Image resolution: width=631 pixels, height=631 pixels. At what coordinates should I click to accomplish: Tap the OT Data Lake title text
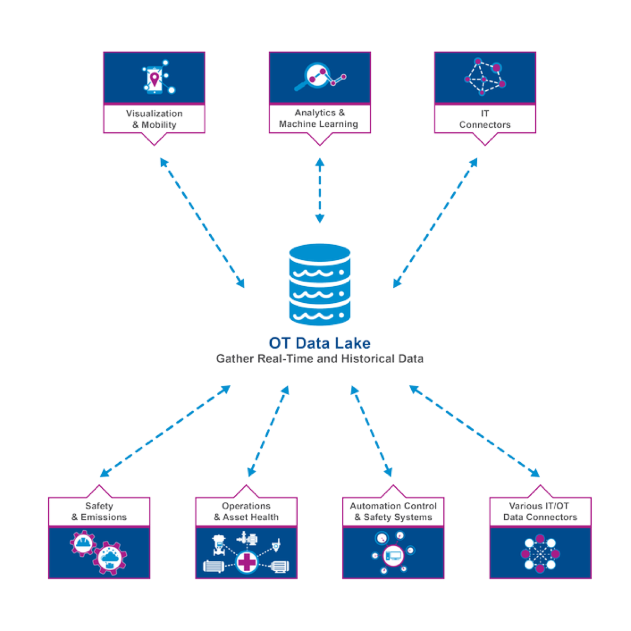click(x=319, y=343)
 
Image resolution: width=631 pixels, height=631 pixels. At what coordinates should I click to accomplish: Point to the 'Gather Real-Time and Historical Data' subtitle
click(x=319, y=359)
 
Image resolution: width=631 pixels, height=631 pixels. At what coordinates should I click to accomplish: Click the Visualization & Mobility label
click(x=154, y=119)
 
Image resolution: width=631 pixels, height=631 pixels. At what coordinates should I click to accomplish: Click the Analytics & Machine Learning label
click(x=319, y=119)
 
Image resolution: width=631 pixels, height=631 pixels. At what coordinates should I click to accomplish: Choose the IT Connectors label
click(x=485, y=119)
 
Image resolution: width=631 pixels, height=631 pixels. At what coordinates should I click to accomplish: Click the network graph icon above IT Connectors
click(x=485, y=76)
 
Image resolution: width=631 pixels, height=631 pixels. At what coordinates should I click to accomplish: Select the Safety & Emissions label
click(x=99, y=511)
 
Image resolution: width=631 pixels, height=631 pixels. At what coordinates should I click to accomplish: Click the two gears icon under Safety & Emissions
click(x=99, y=551)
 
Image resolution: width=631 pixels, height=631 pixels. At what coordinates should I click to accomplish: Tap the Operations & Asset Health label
click(x=246, y=511)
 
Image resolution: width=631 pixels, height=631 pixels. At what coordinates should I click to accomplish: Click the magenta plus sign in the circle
click(x=246, y=562)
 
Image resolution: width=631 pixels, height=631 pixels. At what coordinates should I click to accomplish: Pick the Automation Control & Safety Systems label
click(x=393, y=511)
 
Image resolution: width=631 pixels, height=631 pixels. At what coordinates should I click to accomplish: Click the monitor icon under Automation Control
click(x=393, y=553)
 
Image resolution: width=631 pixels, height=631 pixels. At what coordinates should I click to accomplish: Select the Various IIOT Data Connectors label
click(x=540, y=511)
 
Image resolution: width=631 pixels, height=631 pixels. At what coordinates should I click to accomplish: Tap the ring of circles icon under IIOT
click(x=540, y=553)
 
